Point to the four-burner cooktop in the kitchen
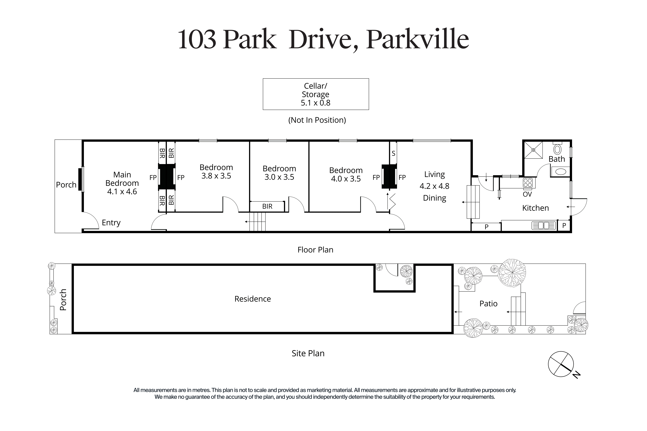[x=528, y=183]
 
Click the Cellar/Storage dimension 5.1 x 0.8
[x=316, y=103]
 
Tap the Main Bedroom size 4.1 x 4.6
[x=122, y=192]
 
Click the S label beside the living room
[x=393, y=153]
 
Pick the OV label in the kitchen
[x=527, y=194]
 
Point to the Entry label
[x=111, y=223]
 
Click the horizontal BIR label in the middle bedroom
[x=267, y=206]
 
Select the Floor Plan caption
[x=315, y=250]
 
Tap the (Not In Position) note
[x=317, y=120]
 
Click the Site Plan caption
[x=308, y=353]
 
